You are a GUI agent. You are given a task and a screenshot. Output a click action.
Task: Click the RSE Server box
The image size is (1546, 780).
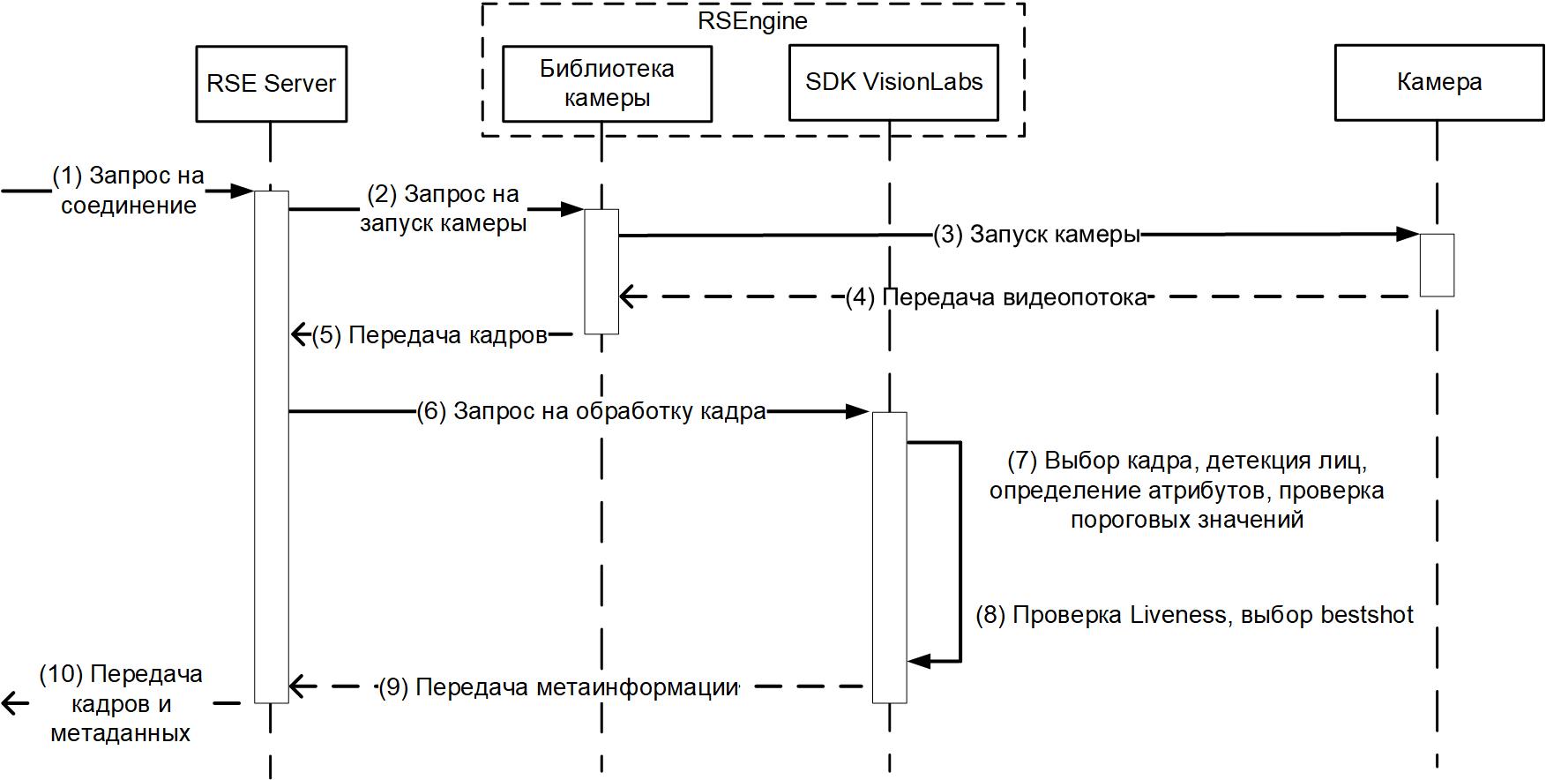pos(271,84)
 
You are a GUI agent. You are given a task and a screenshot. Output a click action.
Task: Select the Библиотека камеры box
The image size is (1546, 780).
pos(607,83)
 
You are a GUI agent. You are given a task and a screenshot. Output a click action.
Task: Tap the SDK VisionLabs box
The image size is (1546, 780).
pos(893,83)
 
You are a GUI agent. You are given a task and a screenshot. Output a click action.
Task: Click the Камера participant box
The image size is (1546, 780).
pos(1438,83)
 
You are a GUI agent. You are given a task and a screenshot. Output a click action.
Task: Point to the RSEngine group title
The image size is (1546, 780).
pos(752,20)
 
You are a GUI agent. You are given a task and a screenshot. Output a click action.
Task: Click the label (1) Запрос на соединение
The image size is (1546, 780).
pos(129,191)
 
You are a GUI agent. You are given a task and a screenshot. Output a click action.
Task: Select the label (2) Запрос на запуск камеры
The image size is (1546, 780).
pos(443,208)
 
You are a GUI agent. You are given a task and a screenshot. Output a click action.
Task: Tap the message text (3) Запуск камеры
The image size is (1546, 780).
pos(1036,235)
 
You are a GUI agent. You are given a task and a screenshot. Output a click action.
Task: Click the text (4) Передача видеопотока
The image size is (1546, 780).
pos(996,297)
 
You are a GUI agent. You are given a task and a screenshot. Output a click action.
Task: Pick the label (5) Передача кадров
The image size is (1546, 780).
pos(429,335)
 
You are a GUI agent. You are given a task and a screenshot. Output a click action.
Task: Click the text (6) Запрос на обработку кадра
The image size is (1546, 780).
pos(591,411)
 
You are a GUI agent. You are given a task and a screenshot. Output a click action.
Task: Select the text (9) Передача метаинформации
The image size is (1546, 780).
pos(558,686)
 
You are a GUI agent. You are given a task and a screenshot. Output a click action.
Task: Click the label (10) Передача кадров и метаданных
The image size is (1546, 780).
pos(121,703)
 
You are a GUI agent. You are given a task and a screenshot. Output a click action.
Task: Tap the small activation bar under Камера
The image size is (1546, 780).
pos(1437,265)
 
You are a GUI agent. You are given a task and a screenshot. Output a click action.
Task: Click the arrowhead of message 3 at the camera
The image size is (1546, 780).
pos(1409,234)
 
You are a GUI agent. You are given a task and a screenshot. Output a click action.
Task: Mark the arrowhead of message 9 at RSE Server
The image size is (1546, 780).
pos(298,686)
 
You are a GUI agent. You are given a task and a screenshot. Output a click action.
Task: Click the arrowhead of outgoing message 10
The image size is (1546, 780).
pos(11,703)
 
